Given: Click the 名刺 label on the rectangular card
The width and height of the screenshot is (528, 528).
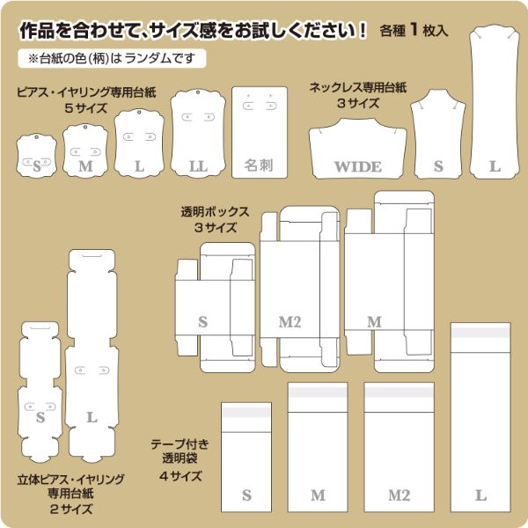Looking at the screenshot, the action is click(x=259, y=165).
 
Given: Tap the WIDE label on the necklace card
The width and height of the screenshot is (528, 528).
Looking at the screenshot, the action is click(x=358, y=166).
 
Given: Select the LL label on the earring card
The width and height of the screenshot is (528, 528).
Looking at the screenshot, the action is click(x=198, y=166).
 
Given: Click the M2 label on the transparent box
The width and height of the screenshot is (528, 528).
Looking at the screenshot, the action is click(x=290, y=322).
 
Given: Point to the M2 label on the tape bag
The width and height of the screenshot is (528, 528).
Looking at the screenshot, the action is click(x=400, y=495).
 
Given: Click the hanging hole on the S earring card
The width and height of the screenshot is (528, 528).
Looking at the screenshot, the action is click(x=36, y=136).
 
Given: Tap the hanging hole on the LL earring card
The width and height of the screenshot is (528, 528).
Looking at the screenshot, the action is click(x=198, y=92).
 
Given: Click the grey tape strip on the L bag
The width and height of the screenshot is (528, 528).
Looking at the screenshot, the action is click(x=480, y=333).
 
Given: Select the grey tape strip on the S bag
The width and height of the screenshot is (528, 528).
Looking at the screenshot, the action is click(x=246, y=412).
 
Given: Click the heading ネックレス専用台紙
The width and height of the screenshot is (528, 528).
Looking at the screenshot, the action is click(x=358, y=87).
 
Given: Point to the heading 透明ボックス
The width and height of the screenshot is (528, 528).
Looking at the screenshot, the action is click(x=216, y=212).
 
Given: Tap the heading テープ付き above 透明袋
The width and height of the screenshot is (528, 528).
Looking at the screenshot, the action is click(x=180, y=444).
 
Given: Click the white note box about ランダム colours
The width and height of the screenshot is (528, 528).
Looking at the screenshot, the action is click(x=112, y=59).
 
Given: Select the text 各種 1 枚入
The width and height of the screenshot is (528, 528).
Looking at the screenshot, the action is click(x=414, y=30).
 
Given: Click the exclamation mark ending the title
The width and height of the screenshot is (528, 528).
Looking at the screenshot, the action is click(x=363, y=30).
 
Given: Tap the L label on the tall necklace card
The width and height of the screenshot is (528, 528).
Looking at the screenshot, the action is click(x=495, y=166).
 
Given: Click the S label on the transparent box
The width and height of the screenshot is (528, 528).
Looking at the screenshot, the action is click(x=202, y=322).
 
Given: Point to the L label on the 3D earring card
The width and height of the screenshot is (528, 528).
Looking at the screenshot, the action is click(x=92, y=417).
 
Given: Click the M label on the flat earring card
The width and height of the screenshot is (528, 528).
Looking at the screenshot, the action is click(x=85, y=166).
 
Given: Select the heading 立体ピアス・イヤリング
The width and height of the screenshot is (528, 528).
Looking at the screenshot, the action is click(x=71, y=480).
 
